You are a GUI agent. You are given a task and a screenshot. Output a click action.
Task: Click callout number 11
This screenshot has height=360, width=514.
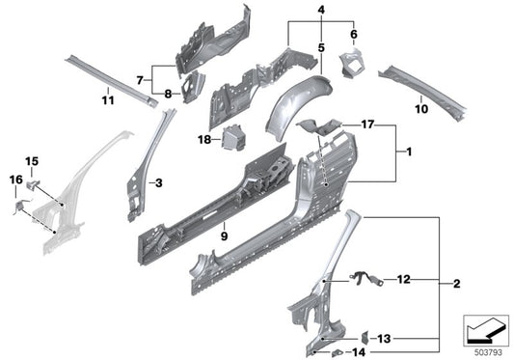(108, 98)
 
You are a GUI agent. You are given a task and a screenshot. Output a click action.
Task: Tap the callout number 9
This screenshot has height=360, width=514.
(158, 181)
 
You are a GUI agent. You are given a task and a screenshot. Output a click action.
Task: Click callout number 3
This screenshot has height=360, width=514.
(158, 181)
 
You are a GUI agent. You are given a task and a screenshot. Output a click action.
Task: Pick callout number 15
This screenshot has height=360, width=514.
(32, 160)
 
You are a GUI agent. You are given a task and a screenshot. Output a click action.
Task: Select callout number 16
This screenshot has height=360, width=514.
(14, 180)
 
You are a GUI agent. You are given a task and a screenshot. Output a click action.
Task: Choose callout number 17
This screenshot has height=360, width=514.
(368, 125)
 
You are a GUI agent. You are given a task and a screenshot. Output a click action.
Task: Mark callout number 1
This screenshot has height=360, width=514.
(409, 152)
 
